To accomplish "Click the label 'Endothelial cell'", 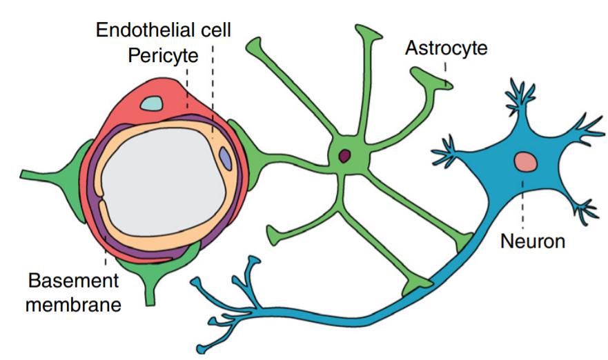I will click(163, 30).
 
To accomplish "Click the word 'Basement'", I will click(72, 281).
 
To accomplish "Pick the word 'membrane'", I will click(75, 303).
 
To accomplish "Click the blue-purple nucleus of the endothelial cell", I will click(225, 158).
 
